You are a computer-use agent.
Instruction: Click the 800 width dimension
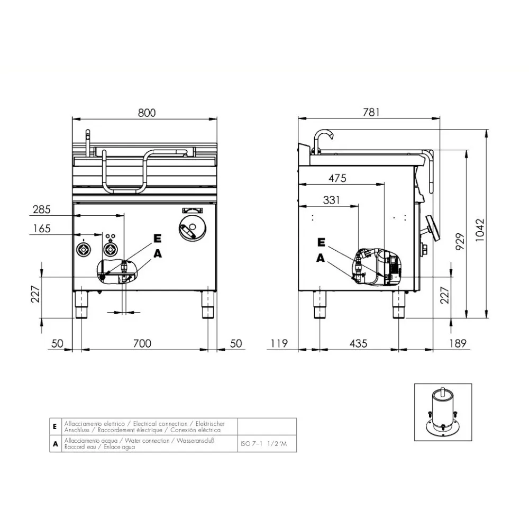click(147, 112)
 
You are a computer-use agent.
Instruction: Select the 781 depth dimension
click(371, 112)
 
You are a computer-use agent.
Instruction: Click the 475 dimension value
click(337, 178)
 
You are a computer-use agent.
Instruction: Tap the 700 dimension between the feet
click(142, 343)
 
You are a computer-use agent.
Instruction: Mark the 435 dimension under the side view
click(358, 343)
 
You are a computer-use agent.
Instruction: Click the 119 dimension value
click(278, 343)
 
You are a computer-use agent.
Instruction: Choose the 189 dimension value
click(458, 343)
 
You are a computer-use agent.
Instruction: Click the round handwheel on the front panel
click(191, 229)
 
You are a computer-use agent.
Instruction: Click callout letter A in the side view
click(320, 258)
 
